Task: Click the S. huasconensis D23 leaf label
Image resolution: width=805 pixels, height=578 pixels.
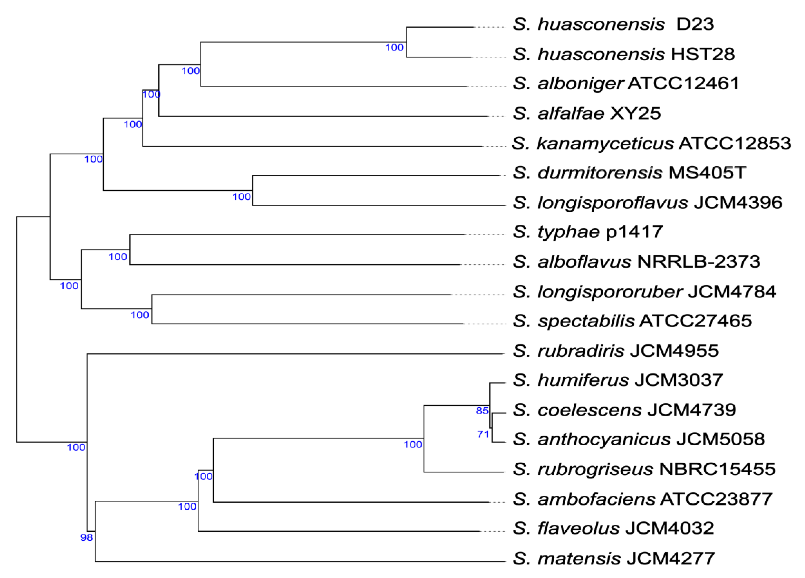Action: tap(613, 24)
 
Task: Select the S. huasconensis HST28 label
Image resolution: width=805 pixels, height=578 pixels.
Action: tap(623, 54)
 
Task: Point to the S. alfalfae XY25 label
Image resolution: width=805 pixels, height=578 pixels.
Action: tap(586, 114)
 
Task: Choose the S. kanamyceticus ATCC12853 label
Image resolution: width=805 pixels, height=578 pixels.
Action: tap(651, 143)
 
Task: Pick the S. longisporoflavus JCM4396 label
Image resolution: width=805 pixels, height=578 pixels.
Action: tap(647, 203)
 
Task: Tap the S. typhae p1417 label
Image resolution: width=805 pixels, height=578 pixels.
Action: tap(587, 232)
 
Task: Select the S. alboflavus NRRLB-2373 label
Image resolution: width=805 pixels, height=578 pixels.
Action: tap(636, 262)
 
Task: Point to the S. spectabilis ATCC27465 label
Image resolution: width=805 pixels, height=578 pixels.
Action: tap(632, 321)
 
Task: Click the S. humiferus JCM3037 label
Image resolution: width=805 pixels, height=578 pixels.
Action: tap(618, 380)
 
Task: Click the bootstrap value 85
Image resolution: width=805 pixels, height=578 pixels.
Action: tap(482, 411)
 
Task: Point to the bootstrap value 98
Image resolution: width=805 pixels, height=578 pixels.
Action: tap(86, 537)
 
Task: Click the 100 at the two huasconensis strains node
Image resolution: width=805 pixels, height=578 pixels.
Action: tap(394, 48)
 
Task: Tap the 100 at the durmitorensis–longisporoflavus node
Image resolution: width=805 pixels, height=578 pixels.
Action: tap(241, 197)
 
